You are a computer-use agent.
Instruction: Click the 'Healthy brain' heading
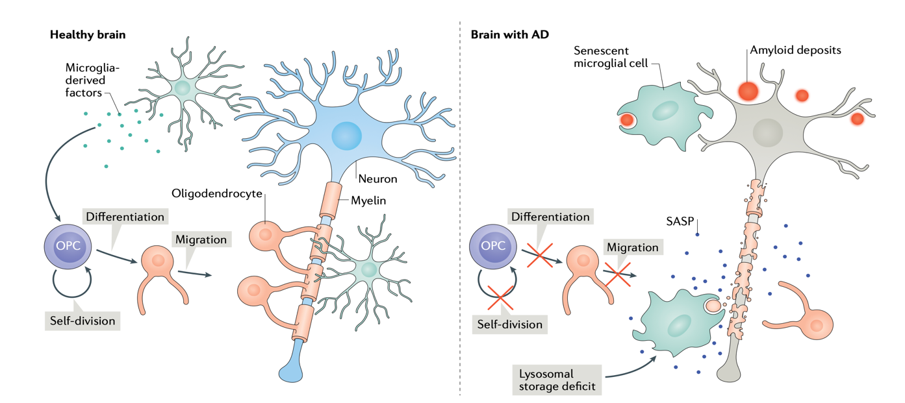click(88, 35)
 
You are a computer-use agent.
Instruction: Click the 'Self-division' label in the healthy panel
click(82, 320)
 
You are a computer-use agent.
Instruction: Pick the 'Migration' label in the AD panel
click(632, 247)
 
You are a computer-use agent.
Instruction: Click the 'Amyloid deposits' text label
click(796, 50)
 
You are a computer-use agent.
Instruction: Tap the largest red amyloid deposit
click(748, 92)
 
